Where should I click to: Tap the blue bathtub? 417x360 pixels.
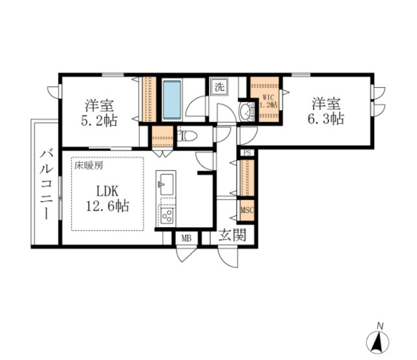pos(171,100)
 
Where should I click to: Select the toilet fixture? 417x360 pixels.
pos(188,137)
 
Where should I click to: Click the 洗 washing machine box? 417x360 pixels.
pos(218,86)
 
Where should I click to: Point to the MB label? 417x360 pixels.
pos(186,238)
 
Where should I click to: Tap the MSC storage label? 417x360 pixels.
pos(247,210)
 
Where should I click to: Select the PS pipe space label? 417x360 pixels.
pos(247,153)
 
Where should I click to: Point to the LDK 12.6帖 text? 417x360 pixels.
pos(108,200)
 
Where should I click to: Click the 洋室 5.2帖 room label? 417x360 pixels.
pos(100,112)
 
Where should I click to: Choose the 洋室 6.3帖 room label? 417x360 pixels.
pos(326,111)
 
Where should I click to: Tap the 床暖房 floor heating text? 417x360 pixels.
pos(87,165)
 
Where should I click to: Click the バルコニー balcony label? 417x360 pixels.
pos(45,185)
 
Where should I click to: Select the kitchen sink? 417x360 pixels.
pos(165,182)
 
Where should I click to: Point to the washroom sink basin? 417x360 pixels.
pos(246,113)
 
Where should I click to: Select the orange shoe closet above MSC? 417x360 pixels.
pos(247,177)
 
